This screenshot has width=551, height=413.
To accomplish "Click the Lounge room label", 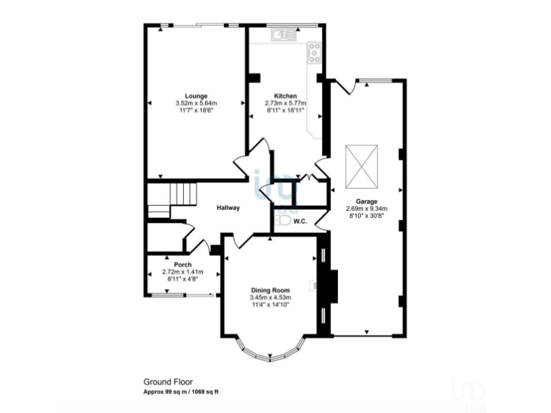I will [x=196, y=95].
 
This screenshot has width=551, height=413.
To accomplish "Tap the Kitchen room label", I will [x=286, y=95].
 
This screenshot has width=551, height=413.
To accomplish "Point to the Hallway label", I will [x=228, y=208].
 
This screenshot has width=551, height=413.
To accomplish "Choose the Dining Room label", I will [x=270, y=290].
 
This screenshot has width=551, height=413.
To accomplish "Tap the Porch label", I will [x=173, y=264].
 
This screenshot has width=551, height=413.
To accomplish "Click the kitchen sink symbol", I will [x=281, y=34].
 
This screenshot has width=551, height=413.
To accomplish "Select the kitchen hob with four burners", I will [x=314, y=52].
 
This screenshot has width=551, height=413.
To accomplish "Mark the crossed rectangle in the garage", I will [x=362, y=163].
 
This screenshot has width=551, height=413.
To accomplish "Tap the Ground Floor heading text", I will [x=168, y=382].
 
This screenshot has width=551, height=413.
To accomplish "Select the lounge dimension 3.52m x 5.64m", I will [x=196, y=103].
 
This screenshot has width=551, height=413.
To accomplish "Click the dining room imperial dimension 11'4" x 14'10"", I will [x=270, y=305].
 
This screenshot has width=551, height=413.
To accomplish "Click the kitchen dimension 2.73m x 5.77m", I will [x=286, y=103].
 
